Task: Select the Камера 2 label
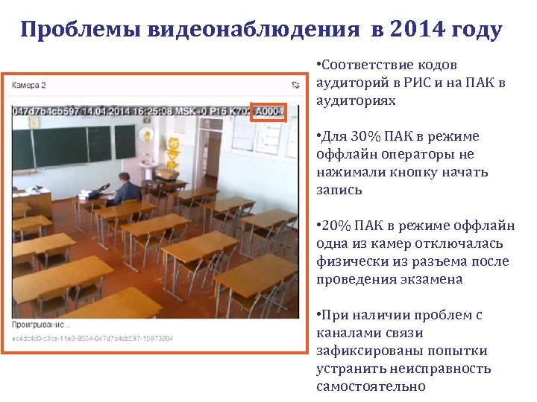pos(29,85)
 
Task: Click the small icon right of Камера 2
pos(296,85)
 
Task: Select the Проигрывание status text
pos(42,325)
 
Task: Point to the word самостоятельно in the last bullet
pos(371,386)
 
